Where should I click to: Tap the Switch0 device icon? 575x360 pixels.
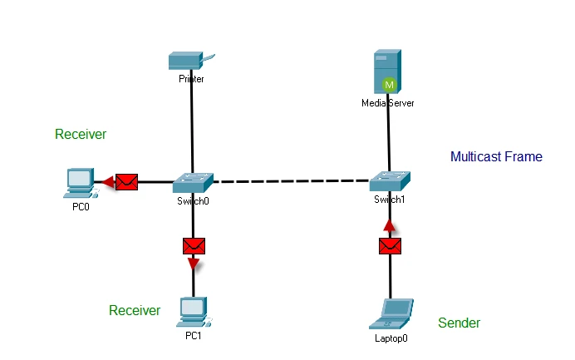pyautogui.click(x=193, y=180)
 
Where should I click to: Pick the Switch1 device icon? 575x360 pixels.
pyautogui.click(x=389, y=179)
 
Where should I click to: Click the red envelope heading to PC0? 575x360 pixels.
pyautogui.click(x=126, y=181)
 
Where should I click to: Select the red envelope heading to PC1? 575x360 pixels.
pyautogui.click(x=194, y=246)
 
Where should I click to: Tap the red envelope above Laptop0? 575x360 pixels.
pyautogui.click(x=390, y=246)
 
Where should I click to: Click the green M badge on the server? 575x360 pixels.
pyautogui.click(x=389, y=84)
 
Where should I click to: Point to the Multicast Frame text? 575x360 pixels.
pyautogui.click(x=496, y=156)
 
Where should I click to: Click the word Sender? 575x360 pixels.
pyautogui.click(x=460, y=323)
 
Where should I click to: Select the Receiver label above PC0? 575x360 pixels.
pyautogui.click(x=81, y=134)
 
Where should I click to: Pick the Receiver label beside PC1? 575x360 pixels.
pyautogui.click(x=135, y=310)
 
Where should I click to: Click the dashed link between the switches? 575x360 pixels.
pyautogui.click(x=291, y=180)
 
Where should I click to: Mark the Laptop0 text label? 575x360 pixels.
pyautogui.click(x=392, y=338)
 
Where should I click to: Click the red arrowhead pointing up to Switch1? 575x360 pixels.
pyautogui.click(x=389, y=224)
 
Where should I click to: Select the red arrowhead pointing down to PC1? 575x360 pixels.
pyautogui.click(x=194, y=264)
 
